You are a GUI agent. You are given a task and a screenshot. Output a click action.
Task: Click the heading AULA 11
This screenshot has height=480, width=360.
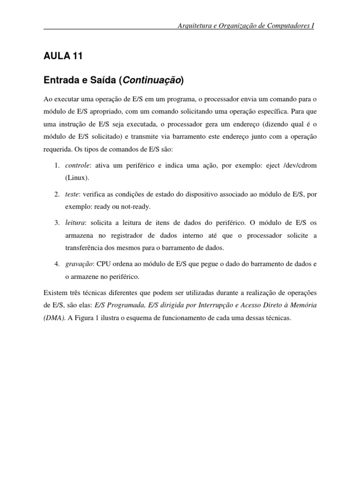coord(63,56)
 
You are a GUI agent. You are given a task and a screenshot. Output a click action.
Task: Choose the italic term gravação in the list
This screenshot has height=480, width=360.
coord(79,264)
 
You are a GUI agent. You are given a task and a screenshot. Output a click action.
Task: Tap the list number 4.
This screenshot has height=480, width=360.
coord(56,264)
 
